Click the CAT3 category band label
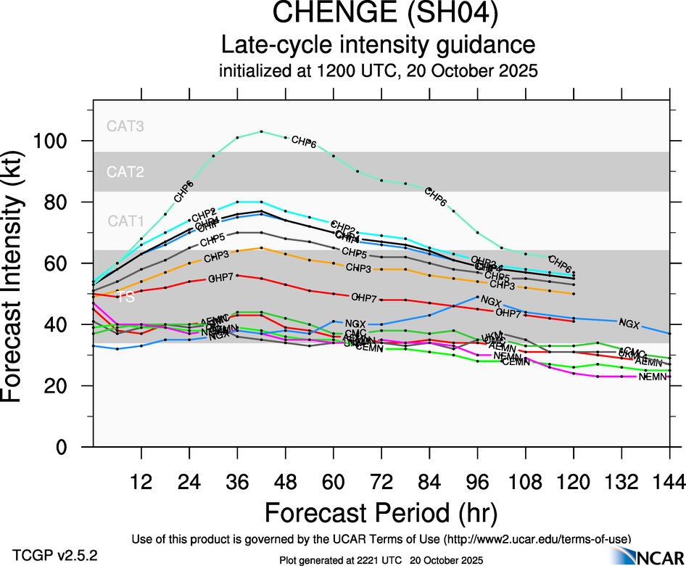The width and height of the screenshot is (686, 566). click(x=125, y=126)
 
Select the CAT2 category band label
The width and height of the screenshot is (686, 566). click(x=125, y=172)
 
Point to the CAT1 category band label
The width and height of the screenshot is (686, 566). click(x=125, y=221)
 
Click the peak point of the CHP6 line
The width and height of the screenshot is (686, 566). click(x=261, y=131)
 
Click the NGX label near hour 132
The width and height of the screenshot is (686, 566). click(x=629, y=322)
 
